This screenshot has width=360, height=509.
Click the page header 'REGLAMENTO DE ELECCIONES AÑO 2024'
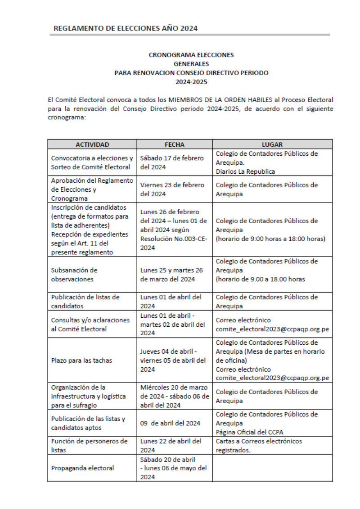tap(126, 28)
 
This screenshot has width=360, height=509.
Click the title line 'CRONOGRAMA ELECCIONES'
tap(191, 55)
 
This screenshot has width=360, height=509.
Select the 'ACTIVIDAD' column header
tap(92, 144)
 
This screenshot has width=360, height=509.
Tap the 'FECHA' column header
tap(175, 144)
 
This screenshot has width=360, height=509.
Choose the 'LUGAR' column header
tap(272, 144)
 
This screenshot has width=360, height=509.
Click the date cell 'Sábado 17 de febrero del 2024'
tap(172, 162)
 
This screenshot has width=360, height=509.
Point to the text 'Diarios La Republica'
tap(245, 171)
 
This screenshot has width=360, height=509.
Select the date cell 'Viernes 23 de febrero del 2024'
tap(172, 189)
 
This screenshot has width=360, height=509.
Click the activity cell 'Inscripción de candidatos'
tap(89, 207)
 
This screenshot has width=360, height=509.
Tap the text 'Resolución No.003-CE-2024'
tap(174, 243)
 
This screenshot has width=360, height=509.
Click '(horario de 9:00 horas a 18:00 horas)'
tap(270, 239)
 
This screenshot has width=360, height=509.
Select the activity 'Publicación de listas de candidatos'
tap(85, 302)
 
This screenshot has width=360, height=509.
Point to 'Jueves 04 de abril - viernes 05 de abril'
tap(173, 356)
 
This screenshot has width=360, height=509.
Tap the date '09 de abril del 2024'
tap(170, 423)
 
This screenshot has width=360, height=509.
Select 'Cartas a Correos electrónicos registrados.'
tap(259, 446)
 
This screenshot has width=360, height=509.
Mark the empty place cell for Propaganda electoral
tap(272, 468)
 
